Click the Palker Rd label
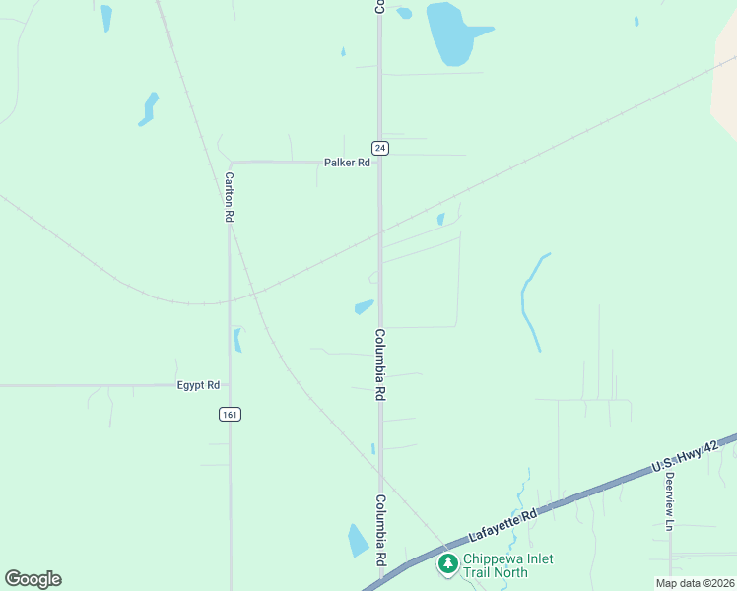[348, 163]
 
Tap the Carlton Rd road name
[229, 197]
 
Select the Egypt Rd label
[198, 385]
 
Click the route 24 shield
[380, 148]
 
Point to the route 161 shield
[230, 415]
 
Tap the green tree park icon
[447, 563]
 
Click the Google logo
[33, 579]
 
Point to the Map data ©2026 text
[695, 583]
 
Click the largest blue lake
[449, 33]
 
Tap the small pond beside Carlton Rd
[237, 340]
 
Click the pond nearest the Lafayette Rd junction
[358, 540]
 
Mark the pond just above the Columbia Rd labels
[364, 306]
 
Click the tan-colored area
[725, 89]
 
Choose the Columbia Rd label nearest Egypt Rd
[379, 363]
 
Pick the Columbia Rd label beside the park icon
[380, 530]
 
